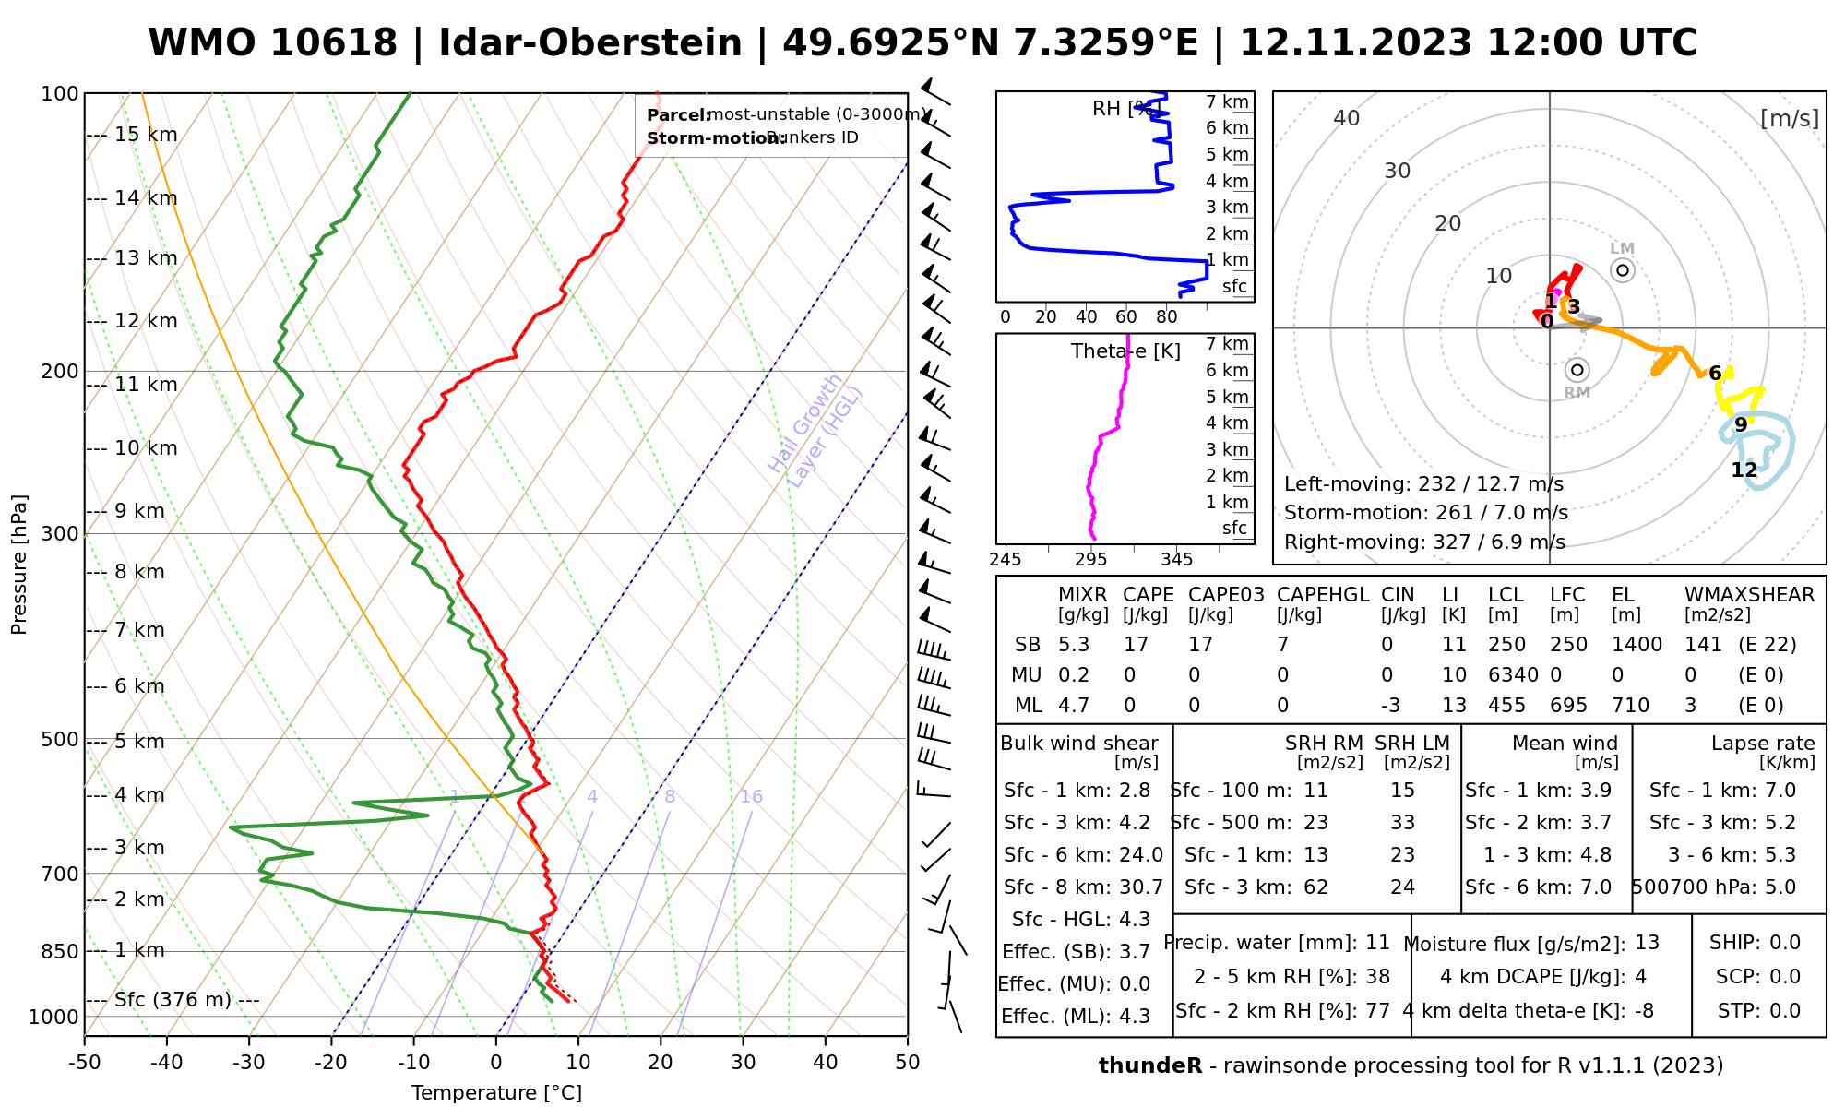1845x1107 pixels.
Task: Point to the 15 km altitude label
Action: pos(146,135)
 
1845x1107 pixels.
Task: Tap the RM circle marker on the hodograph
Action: pos(1577,370)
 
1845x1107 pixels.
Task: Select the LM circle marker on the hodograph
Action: pos(1623,270)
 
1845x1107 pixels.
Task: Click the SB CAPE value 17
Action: pos(1135,645)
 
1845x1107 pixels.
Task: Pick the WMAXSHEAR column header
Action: pos(1749,595)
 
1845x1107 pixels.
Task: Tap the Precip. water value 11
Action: pos(1377,943)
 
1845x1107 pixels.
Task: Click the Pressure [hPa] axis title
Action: pos(19,565)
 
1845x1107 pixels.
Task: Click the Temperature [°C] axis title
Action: pos(496,1093)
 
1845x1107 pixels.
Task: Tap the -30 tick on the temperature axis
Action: pos(249,1063)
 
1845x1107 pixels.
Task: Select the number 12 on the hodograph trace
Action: pos(1744,470)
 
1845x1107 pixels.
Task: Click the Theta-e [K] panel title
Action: pos(1125,351)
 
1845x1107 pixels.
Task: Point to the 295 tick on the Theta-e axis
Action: pos(1091,559)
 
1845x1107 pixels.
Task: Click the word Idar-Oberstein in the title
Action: pos(590,43)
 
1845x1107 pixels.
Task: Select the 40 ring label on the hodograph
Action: pos(1347,118)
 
